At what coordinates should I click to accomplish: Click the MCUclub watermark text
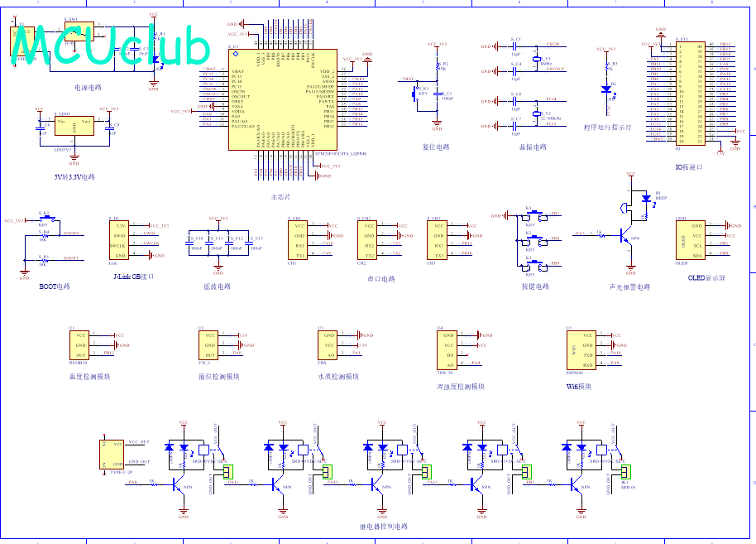point(112,46)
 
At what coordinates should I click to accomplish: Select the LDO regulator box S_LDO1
point(74,126)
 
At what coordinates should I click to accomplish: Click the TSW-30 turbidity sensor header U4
point(447,349)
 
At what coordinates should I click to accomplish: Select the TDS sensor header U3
point(328,345)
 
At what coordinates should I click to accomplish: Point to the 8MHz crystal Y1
point(537,59)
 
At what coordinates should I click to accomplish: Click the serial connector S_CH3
point(438,241)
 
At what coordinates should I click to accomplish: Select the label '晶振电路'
point(533,147)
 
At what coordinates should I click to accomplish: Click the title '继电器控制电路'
point(383,526)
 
